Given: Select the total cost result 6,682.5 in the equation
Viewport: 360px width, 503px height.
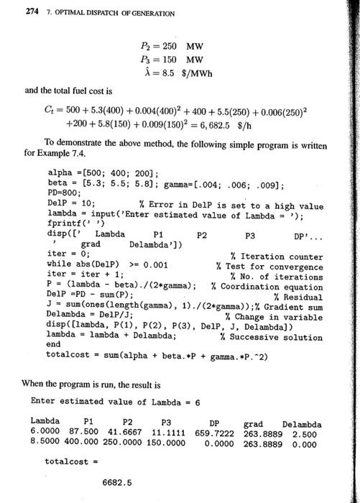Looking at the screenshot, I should (x=216, y=123).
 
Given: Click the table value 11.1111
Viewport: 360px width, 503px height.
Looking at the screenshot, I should (x=172, y=433).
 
